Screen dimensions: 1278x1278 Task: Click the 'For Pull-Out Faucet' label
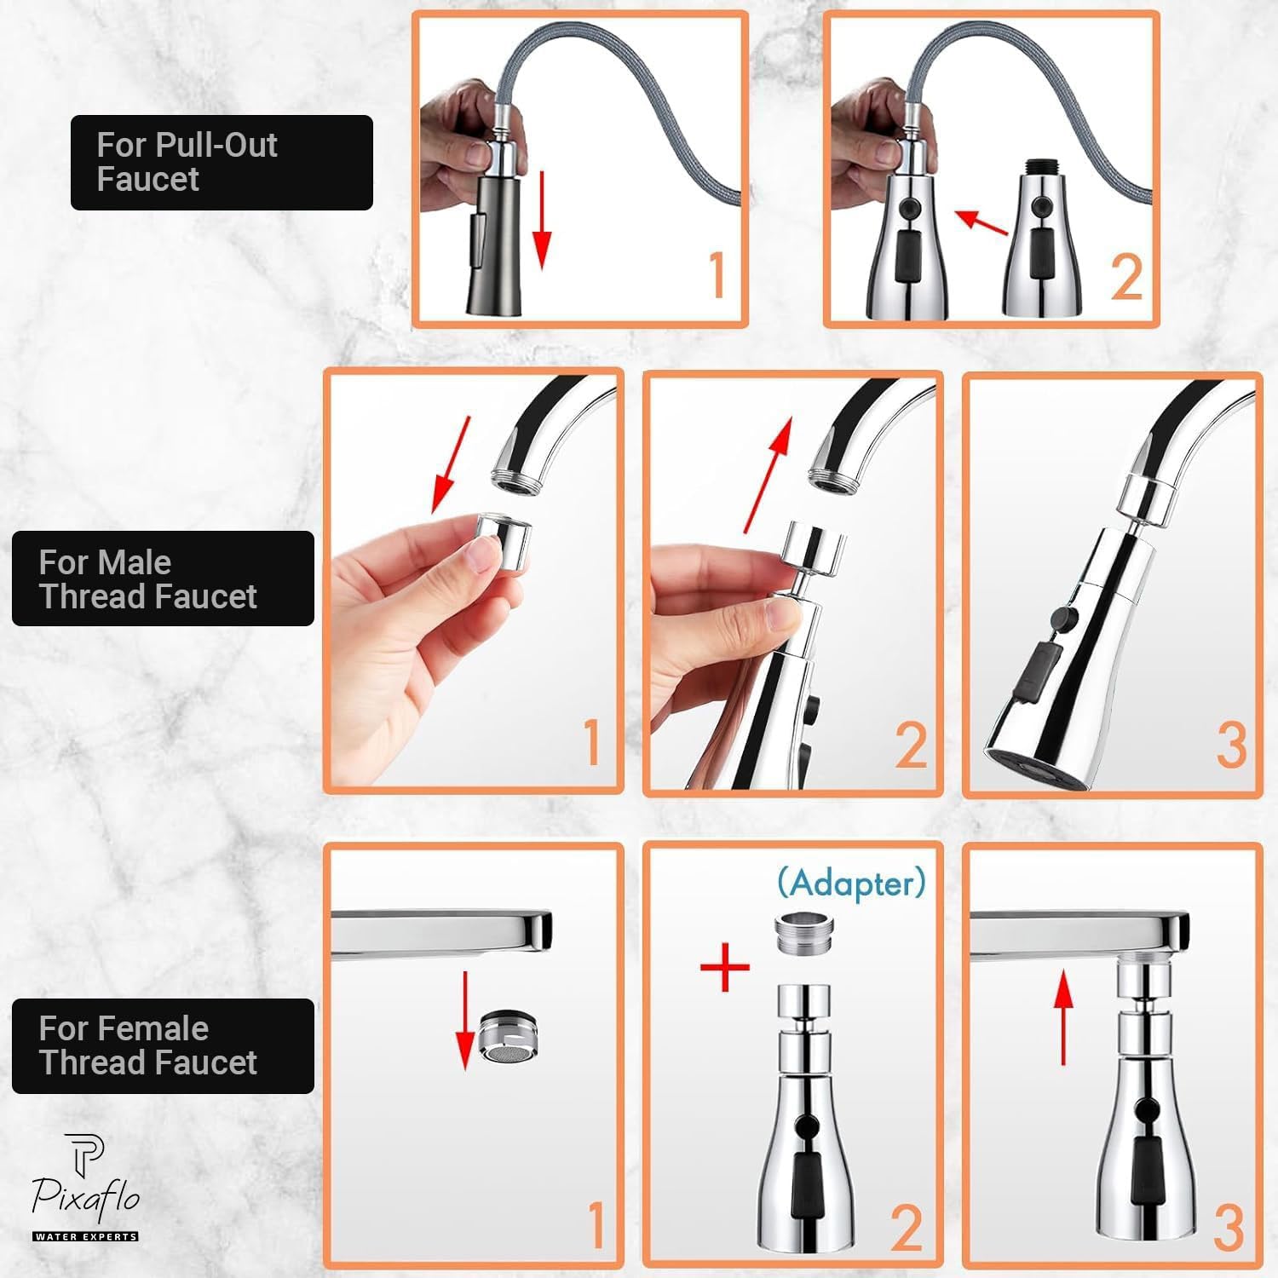coord(222,162)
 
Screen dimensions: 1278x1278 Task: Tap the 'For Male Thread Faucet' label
coord(163,579)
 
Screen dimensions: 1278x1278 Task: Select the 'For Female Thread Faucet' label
coord(163,1045)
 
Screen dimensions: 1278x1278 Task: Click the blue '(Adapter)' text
coord(850,883)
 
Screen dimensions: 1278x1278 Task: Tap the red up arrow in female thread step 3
coord(1062,1019)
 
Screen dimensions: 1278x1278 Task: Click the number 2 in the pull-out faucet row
coord(1126,277)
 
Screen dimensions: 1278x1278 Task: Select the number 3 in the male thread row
coord(1231,745)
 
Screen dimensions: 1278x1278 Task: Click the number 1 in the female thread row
coord(596,1225)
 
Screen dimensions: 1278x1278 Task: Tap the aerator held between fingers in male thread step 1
coord(504,538)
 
